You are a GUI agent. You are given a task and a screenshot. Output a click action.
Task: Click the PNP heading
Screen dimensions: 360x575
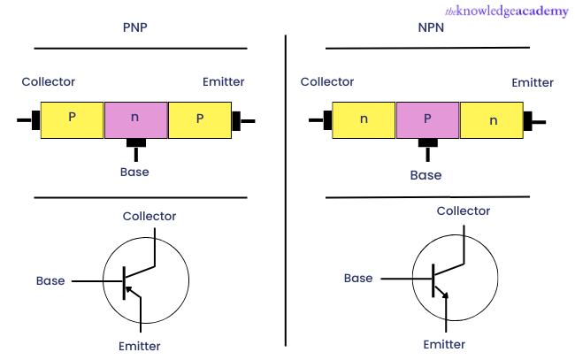[135, 27]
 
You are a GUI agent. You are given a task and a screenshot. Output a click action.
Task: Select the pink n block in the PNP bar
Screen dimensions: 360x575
[135, 119]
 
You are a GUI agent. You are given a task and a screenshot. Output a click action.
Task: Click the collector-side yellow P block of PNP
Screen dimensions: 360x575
[72, 119]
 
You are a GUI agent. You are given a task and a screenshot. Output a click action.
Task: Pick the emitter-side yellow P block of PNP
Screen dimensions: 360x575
[199, 119]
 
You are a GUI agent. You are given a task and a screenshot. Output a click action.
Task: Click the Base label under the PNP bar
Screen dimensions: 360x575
[135, 172]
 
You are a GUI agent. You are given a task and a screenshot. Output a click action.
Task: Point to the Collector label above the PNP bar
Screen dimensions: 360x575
[50, 82]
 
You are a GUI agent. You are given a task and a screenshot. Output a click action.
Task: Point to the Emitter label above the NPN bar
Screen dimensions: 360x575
[533, 83]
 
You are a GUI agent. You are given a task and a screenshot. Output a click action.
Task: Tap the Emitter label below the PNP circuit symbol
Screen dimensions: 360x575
[140, 346]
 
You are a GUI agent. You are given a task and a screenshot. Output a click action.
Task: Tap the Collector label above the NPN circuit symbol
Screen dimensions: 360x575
[464, 211]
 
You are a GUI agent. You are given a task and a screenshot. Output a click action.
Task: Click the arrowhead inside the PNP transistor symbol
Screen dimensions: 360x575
[129, 288]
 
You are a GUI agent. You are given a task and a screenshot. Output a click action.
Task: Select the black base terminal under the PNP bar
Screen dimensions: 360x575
[135, 143]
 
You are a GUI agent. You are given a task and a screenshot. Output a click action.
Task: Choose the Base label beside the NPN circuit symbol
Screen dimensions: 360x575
[358, 279]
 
